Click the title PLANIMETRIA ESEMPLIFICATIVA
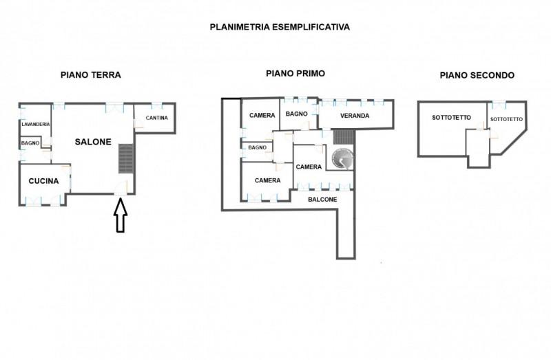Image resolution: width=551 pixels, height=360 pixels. (x=280, y=28)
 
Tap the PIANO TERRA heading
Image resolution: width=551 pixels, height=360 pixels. (x=91, y=75)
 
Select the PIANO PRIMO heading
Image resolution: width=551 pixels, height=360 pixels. (x=295, y=74)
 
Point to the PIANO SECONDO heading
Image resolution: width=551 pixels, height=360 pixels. (x=477, y=75)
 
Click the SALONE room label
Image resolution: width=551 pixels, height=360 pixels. (x=93, y=142)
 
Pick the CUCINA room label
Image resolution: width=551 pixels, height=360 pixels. (x=43, y=181)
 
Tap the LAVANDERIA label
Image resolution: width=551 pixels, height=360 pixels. (x=35, y=124)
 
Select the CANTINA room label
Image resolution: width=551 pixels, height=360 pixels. (x=157, y=118)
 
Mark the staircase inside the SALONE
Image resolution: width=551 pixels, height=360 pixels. (x=125, y=158)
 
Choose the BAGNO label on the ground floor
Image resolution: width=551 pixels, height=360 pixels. (x=30, y=142)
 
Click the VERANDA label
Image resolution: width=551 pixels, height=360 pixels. (x=355, y=116)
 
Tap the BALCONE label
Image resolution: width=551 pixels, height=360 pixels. (x=322, y=200)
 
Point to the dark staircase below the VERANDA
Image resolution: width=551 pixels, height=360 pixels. (x=342, y=136)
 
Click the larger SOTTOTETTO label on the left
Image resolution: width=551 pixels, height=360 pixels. (x=451, y=118)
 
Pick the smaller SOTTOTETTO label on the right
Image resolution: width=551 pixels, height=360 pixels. (x=506, y=120)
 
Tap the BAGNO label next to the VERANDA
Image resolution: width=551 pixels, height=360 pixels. (x=296, y=114)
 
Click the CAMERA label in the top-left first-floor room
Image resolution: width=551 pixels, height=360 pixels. (x=262, y=116)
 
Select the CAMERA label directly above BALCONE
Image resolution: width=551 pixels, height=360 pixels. (x=309, y=167)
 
